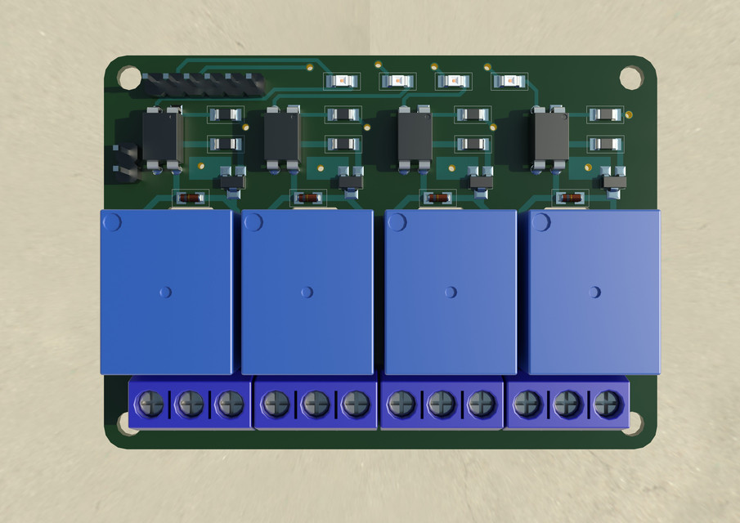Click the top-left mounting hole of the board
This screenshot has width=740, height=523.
[128, 78]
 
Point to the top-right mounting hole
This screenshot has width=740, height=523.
[630, 78]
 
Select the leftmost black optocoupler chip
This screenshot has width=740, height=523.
[162, 137]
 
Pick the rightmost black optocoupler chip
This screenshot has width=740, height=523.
[549, 136]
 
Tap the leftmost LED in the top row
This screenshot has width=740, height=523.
[342, 81]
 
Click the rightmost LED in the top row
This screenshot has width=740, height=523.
[508, 81]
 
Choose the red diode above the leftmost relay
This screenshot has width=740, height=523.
[191, 198]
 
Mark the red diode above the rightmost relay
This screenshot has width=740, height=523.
[570, 198]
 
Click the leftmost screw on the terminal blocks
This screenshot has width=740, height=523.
[150, 403]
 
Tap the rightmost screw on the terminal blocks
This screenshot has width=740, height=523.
[606, 403]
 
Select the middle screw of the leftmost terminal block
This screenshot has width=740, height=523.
[190, 403]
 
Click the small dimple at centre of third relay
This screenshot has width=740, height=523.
[451, 291]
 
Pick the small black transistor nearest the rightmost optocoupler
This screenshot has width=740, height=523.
[614, 177]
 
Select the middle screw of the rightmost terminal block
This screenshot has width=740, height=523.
[567, 403]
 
